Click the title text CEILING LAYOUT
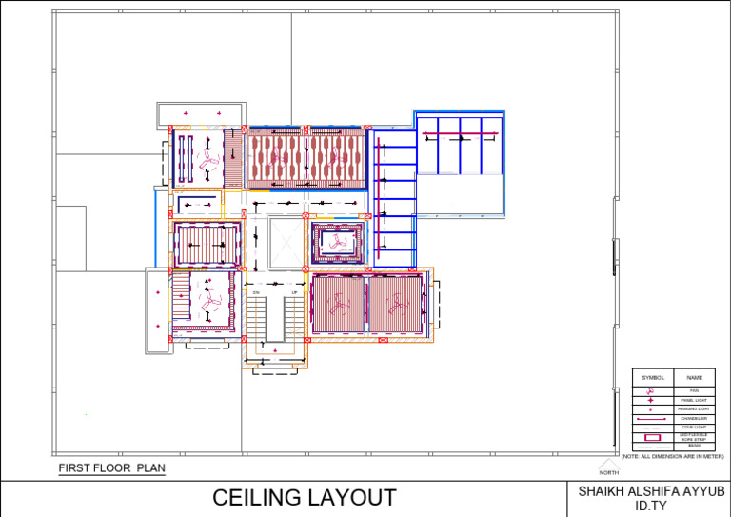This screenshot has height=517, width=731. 304,498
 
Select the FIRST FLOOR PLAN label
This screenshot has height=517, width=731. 111,468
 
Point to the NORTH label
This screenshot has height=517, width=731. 609,472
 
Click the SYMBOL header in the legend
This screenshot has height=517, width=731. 653,378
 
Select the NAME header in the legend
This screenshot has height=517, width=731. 694,378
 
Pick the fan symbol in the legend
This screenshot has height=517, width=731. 650,391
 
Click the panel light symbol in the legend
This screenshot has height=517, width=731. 650,401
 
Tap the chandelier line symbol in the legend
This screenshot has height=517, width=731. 652,418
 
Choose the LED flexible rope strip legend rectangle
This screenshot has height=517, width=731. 652,436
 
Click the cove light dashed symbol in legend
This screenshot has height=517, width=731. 652,428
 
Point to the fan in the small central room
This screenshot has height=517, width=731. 338,242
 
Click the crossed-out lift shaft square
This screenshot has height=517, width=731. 286,242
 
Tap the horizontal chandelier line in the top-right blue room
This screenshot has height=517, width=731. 462,137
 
